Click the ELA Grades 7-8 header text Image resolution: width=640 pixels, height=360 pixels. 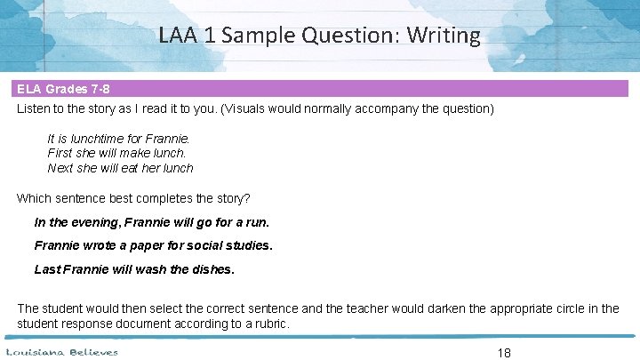[x=63, y=90]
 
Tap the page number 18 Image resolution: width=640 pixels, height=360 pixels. [x=504, y=352]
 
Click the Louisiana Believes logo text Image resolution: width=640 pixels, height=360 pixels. [x=62, y=352]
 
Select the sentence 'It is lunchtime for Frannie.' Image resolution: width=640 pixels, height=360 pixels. [x=118, y=139]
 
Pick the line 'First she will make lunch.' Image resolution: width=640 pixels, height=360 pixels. [x=116, y=153]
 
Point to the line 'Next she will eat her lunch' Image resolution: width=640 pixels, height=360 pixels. [x=120, y=167]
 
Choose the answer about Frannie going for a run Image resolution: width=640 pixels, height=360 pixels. [x=151, y=222]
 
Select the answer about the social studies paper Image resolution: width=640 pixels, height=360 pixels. [x=153, y=245]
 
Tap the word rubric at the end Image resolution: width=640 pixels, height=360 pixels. [x=268, y=324]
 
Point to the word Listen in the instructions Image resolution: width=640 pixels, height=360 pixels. [x=35, y=109]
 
